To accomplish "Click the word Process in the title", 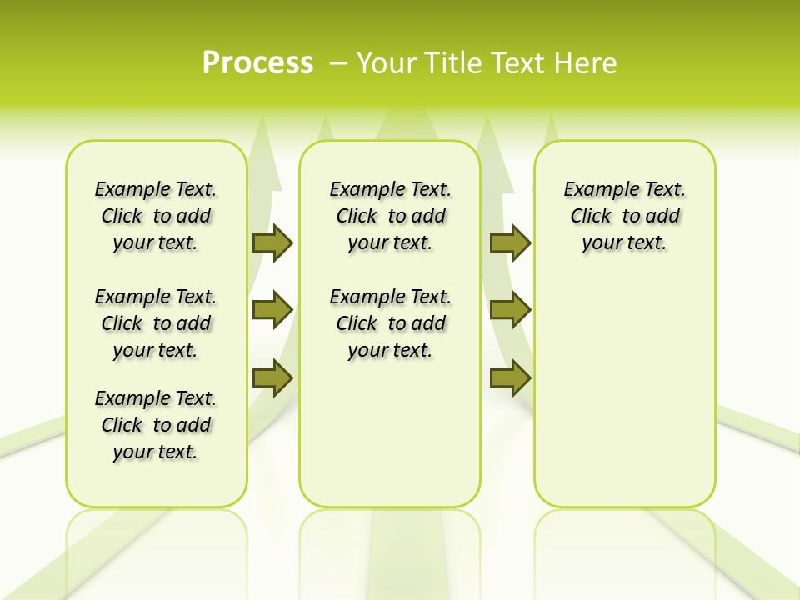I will (x=257, y=63).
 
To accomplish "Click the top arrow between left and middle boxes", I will (x=272, y=242).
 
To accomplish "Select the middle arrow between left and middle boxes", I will (x=272, y=310).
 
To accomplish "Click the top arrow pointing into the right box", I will (x=510, y=242).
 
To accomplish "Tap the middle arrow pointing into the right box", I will (x=510, y=310).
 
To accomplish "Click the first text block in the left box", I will (x=156, y=216).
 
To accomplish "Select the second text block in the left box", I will (x=156, y=323).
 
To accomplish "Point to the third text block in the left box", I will (x=156, y=425).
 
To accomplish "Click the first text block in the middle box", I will (x=391, y=216).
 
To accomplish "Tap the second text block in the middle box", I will (x=391, y=323).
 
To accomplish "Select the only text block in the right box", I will (x=625, y=216).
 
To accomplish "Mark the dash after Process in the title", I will (x=339, y=63).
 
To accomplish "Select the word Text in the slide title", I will (x=516, y=63).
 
